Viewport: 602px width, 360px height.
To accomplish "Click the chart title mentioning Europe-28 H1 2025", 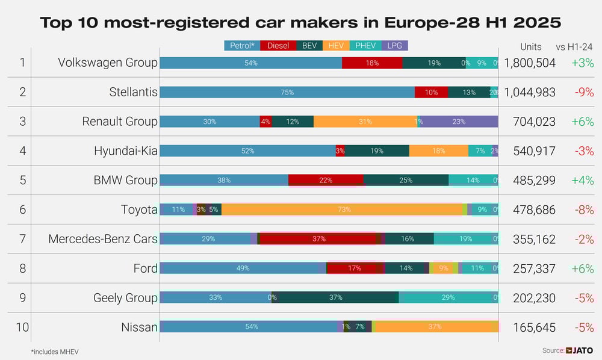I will (x=300, y=23).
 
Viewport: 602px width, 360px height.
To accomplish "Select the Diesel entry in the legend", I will (x=278, y=46).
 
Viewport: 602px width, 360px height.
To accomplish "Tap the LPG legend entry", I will (x=395, y=46).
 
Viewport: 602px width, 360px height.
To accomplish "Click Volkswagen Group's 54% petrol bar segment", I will (x=250, y=63).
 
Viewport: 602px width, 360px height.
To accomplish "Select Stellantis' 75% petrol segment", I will (x=287, y=92).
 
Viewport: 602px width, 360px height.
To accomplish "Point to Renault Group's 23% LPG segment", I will (x=459, y=122).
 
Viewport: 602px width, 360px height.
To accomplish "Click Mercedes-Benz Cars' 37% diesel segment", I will (x=319, y=239).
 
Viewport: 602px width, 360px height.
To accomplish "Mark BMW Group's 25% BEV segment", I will (x=406, y=180).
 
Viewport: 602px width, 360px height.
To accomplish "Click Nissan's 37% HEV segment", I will (x=435, y=327).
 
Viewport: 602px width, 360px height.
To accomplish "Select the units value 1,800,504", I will (x=530, y=63).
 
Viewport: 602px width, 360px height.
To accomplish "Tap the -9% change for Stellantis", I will (x=583, y=92).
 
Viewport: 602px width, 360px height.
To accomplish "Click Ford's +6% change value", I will (x=583, y=268).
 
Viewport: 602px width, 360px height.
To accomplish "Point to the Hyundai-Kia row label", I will (x=125, y=151).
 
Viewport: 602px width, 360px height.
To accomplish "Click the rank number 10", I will (x=22, y=327).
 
